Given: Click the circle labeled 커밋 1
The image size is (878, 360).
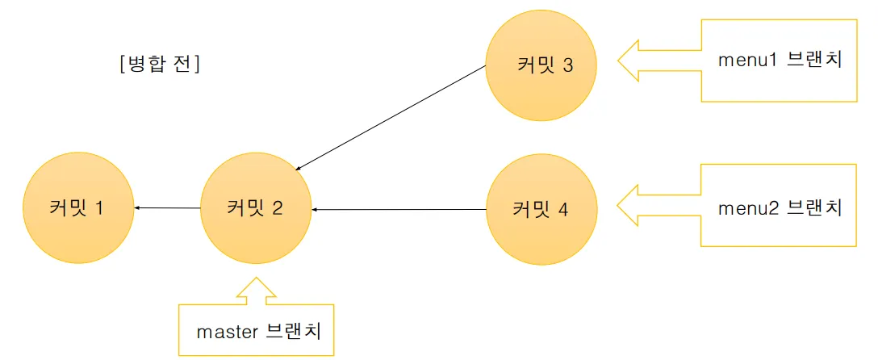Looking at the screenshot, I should point(78,208).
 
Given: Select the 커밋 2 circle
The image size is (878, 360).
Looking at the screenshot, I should point(255,208).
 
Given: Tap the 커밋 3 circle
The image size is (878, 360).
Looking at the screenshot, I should point(541,65).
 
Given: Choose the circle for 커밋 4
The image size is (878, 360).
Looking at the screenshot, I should point(542,209).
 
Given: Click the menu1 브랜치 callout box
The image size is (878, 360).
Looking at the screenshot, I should point(780,61).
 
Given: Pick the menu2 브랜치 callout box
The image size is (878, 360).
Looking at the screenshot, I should point(780,207).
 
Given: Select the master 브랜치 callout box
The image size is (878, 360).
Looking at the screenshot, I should point(257,330).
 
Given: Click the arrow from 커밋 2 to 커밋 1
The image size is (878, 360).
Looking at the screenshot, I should point(167,208).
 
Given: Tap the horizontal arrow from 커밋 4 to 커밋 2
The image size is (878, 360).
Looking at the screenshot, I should point(399,210).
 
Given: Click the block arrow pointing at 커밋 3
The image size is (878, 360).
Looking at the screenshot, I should point(658,61).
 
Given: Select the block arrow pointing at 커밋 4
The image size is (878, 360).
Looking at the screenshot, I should point(658,207).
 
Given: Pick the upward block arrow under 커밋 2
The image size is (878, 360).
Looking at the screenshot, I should point(256,291).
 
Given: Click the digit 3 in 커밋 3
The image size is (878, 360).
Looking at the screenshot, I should point(568,65).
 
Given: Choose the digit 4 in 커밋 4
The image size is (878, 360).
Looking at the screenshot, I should point(562,210).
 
